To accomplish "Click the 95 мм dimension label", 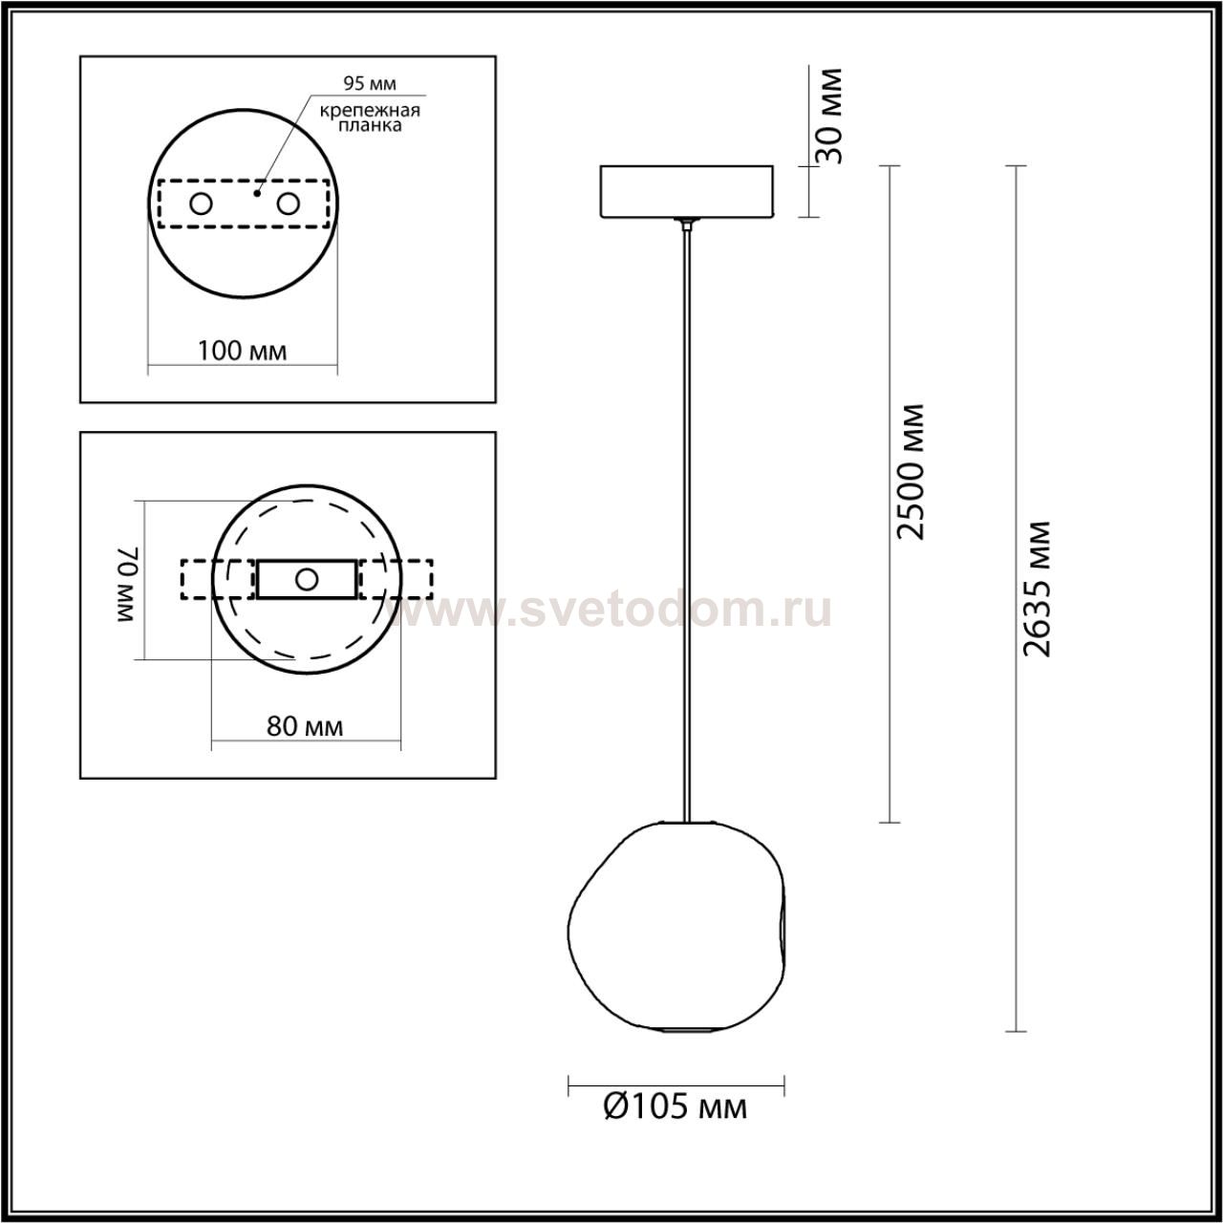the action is [x=370, y=83].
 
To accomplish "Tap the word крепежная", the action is [x=370, y=111].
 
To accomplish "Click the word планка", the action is [x=370, y=125].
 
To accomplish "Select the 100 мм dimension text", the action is [x=243, y=351].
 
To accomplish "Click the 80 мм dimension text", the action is [x=305, y=726].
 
